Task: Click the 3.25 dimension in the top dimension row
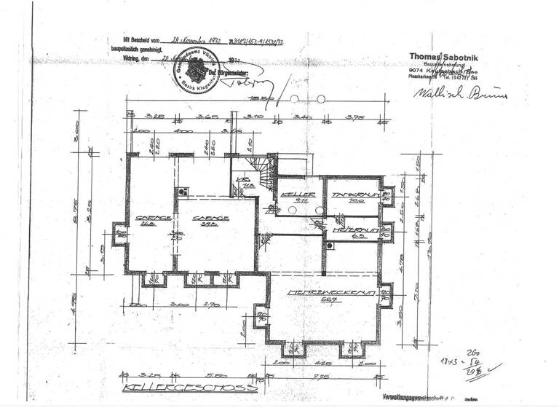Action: pos(152,116)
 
